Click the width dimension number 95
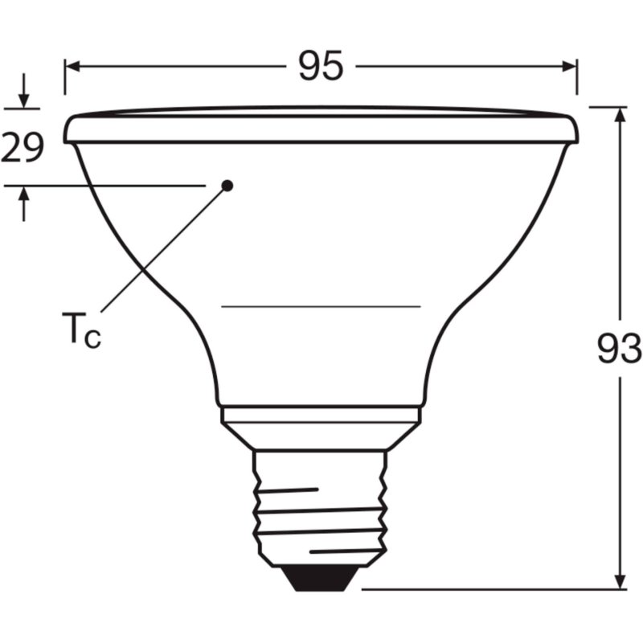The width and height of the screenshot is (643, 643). click(321, 66)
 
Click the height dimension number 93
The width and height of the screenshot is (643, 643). click(619, 349)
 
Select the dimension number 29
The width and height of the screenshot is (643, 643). click(22, 149)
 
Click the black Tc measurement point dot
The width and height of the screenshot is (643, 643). click(227, 185)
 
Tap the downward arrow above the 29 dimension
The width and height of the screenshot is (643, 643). click(24, 98)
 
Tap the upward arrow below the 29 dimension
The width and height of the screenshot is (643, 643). click(24, 197)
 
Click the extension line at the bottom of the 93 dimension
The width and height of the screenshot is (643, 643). click(490, 588)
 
